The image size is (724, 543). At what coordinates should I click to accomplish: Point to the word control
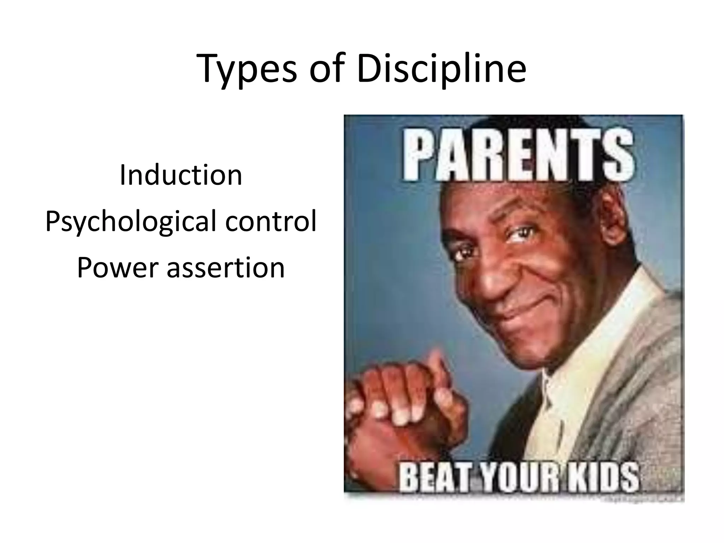click(271, 221)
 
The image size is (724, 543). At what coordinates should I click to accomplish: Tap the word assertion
click(226, 268)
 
